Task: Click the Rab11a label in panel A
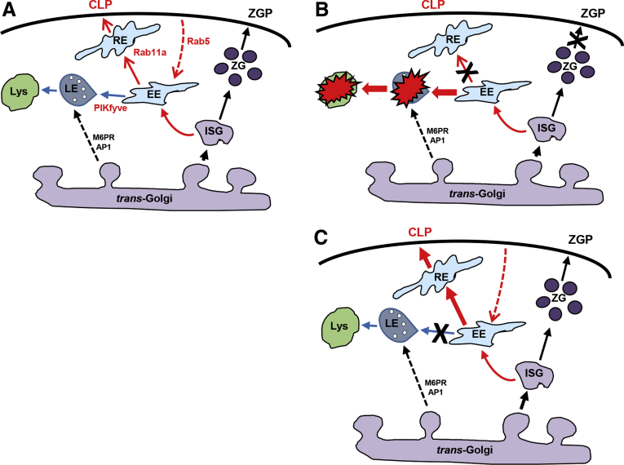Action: pyautogui.click(x=149, y=52)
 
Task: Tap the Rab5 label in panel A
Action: pyautogui.click(x=198, y=41)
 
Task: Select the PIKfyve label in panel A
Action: pyautogui.click(x=111, y=108)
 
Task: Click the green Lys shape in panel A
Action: pyautogui.click(x=20, y=91)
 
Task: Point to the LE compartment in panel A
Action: pyautogui.click(x=77, y=91)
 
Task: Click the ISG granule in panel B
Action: pyautogui.click(x=547, y=127)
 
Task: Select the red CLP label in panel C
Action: pyautogui.click(x=420, y=232)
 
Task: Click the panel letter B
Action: pyautogui.click(x=321, y=10)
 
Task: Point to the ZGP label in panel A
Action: pyautogui.click(x=260, y=13)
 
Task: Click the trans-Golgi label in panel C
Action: pyautogui.click(x=464, y=449)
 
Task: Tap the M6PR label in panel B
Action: pyautogui.click(x=437, y=131)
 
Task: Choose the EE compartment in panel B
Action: pyautogui.click(x=483, y=91)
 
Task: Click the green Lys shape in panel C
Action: pyautogui.click(x=340, y=327)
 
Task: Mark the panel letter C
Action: pyautogui.click(x=321, y=237)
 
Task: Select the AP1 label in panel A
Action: pyautogui.click(x=104, y=146)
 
